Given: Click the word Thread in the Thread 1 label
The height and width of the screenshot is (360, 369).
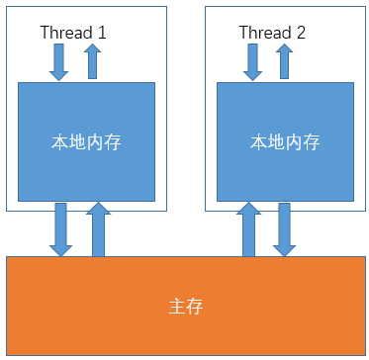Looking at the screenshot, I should point(63,33).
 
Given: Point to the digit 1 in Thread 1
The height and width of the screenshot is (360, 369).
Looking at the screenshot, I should point(101,33).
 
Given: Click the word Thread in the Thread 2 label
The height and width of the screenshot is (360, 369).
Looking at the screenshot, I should point(262,33).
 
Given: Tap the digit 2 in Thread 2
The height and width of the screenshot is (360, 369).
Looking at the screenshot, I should point(300,33).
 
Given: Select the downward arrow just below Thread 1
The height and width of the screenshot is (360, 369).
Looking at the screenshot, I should point(59,61).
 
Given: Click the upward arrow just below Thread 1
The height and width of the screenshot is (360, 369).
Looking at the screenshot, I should point(92,61).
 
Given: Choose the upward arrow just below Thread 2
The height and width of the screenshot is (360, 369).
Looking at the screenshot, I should point(287,61).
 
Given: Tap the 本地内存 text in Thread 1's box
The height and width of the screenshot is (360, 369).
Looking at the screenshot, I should point(87,141).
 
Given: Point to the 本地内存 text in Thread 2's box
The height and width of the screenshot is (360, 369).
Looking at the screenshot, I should point(284,141).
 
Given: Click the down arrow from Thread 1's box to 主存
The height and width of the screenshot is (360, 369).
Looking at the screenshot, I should point(61,229).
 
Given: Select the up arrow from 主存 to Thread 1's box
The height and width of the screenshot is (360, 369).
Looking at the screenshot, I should point(99,229).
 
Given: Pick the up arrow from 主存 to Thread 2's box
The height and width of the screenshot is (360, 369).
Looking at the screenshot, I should point(248,229).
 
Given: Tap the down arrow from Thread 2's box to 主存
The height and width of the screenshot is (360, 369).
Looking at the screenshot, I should point(285,229).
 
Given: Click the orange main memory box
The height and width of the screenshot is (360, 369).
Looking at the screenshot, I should point(99,316).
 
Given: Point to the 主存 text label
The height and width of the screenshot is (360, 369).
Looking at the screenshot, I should point(185,306).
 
